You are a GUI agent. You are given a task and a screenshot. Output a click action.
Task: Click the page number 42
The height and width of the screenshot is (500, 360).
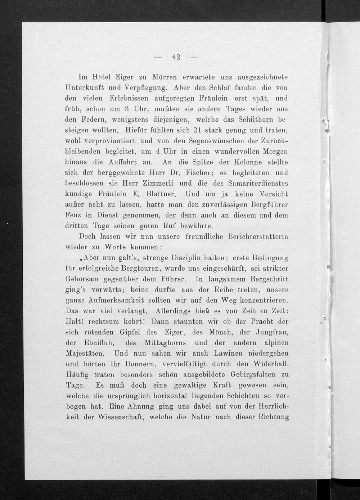[176, 57]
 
